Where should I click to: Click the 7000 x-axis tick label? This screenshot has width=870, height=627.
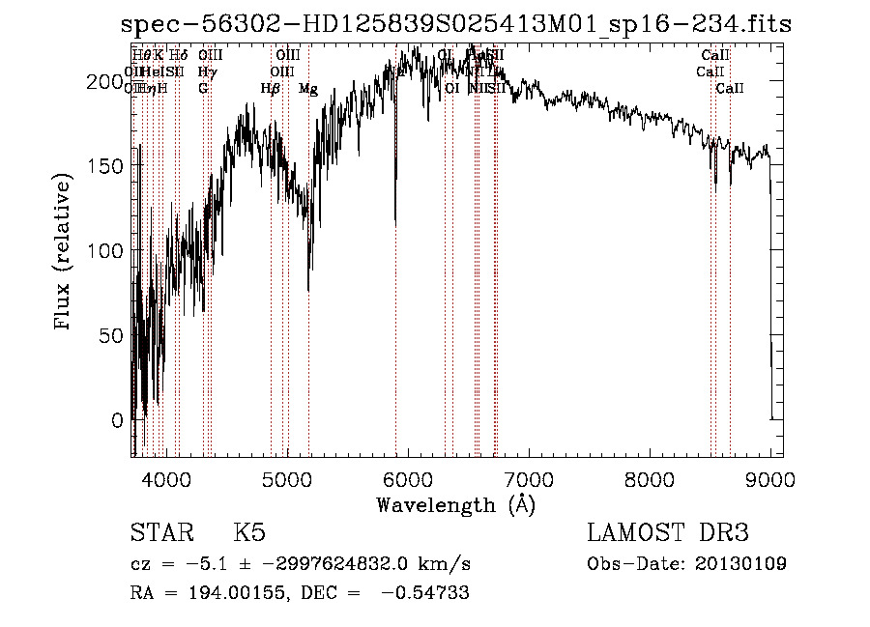click(x=529, y=478)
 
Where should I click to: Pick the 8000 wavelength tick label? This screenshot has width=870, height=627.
click(x=650, y=478)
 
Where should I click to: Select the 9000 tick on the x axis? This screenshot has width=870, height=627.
click(x=770, y=478)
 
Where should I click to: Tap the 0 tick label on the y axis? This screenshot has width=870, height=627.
click(x=117, y=420)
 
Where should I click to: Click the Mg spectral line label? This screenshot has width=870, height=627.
click(x=307, y=89)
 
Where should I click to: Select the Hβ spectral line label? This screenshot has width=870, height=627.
click(x=271, y=89)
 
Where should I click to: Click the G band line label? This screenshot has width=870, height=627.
click(x=203, y=89)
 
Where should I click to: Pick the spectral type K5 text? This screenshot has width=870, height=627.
click(x=249, y=533)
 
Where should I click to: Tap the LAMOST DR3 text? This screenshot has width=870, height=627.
click(x=667, y=533)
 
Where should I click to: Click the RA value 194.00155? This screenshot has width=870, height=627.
click(x=222, y=593)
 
